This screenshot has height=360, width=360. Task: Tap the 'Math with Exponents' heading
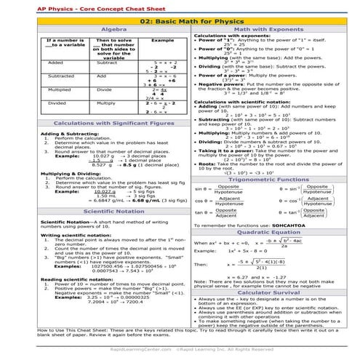tap(271, 29)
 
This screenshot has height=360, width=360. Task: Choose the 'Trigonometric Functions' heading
tap(271, 177)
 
